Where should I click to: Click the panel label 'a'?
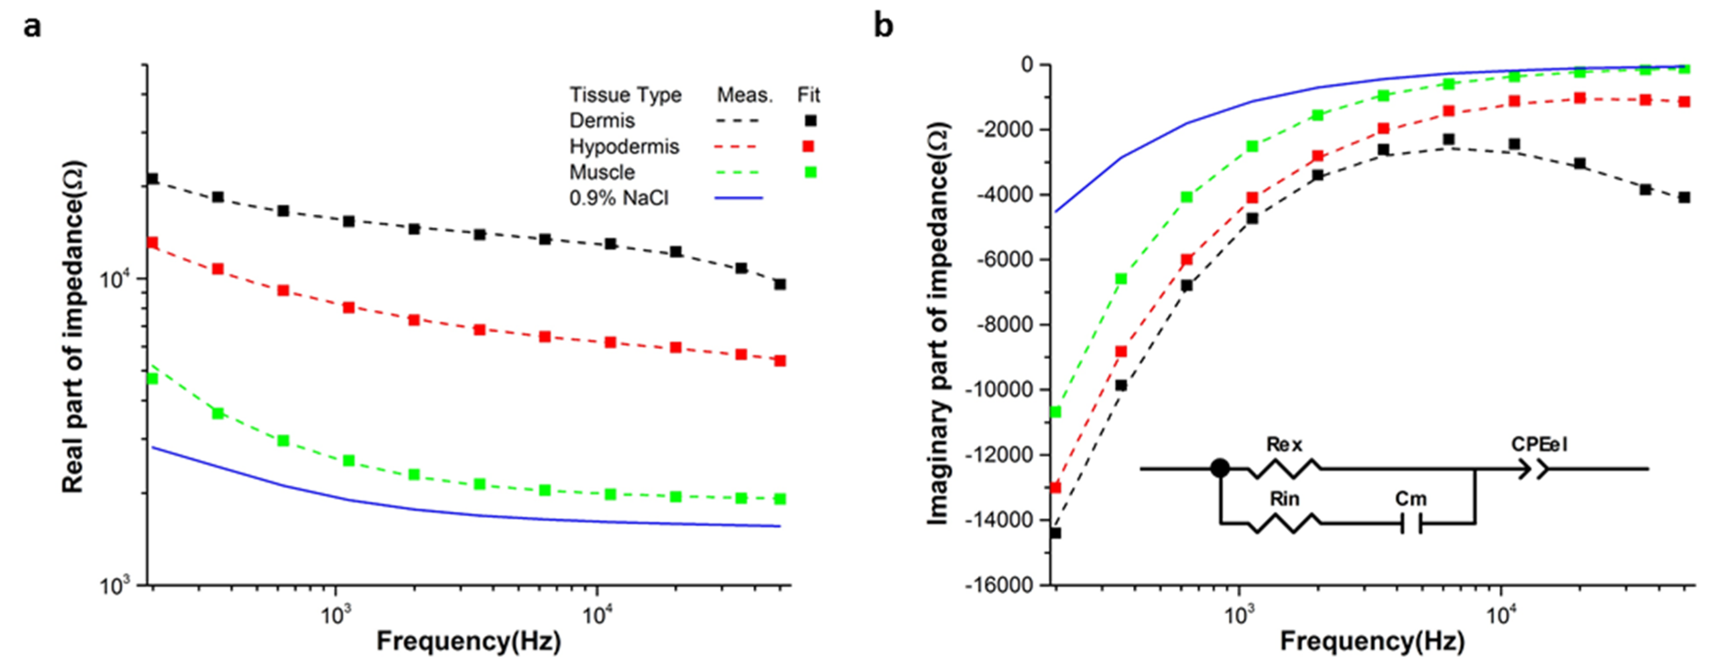pyautogui.click(x=32, y=28)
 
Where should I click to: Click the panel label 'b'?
pyautogui.click(x=883, y=25)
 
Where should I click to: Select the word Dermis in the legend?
pyautogui.click(x=602, y=120)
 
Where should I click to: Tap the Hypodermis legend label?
pyautogui.click(x=624, y=146)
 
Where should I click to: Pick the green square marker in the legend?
pyautogui.click(x=810, y=172)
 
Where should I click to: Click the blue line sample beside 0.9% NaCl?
pyautogui.click(x=739, y=197)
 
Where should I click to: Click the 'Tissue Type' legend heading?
pyautogui.click(x=625, y=95)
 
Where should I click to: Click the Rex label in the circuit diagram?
pyautogui.click(x=1284, y=444)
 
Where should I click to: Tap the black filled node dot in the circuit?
pyautogui.click(x=1220, y=468)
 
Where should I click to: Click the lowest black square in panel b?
pyautogui.click(x=1055, y=533)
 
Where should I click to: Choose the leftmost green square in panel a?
pyautogui.click(x=152, y=378)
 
